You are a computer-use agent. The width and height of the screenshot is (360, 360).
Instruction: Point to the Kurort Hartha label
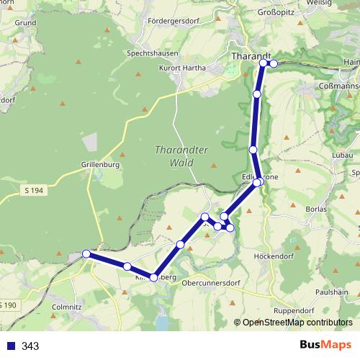point(182,68)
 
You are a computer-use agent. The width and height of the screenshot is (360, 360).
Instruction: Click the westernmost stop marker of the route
point(86,253)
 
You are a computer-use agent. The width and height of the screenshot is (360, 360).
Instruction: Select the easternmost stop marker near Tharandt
point(274,63)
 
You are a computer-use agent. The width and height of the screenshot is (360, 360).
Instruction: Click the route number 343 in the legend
point(31,346)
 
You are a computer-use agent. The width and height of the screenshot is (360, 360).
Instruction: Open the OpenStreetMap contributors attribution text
point(294,323)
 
